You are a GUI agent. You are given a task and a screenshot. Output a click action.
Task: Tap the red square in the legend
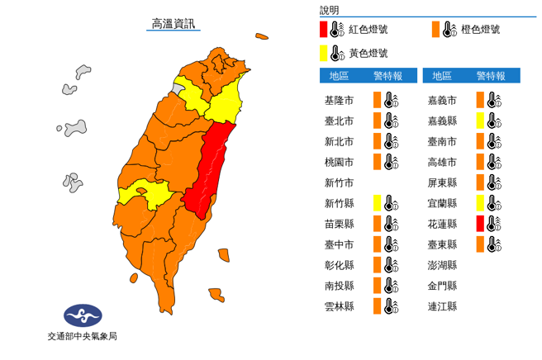click(325, 31)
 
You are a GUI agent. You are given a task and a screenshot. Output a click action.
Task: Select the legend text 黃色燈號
click(368, 53)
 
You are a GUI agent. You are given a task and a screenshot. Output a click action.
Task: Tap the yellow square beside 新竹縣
click(377, 202)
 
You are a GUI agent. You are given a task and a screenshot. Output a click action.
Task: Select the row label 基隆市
click(340, 100)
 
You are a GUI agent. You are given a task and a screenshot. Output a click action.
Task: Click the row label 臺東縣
click(442, 244)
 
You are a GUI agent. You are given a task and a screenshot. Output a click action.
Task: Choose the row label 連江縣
click(442, 306)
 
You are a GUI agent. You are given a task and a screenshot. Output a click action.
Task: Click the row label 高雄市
click(442, 162)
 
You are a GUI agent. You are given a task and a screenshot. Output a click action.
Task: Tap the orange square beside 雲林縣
click(377, 306)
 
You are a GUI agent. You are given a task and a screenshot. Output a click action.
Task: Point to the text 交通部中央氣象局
click(83, 337)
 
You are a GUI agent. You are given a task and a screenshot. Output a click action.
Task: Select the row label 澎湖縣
click(442, 265)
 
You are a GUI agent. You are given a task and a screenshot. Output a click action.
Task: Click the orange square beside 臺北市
click(377, 121)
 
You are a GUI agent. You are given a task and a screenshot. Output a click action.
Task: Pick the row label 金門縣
click(442, 286)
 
